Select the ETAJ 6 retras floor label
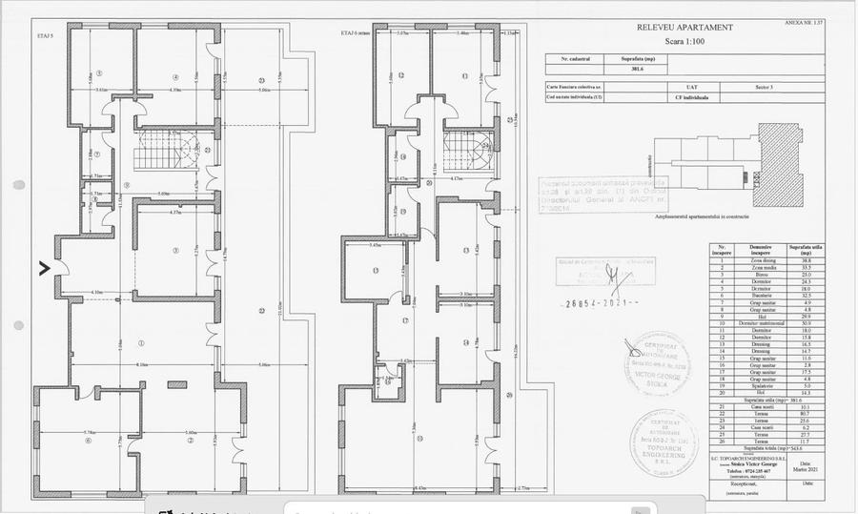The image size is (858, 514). [x=354, y=32]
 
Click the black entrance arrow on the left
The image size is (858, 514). [x=44, y=269]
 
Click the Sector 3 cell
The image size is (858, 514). [x=736, y=87]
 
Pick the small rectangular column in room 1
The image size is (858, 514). [x=176, y=384]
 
